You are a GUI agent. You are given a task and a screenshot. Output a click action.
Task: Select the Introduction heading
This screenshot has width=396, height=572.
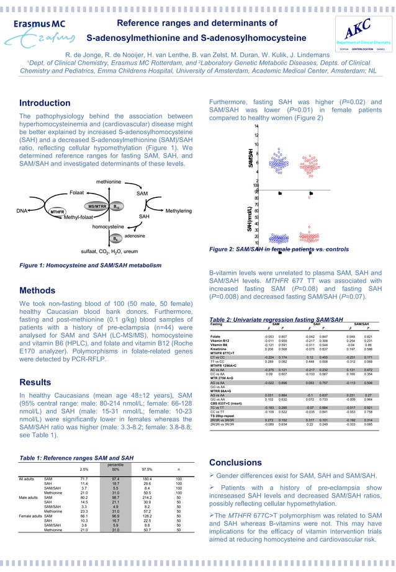pyautogui.click(x=45, y=102)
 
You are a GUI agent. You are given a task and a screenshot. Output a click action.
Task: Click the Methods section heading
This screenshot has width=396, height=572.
pyautogui.click(x=39, y=290)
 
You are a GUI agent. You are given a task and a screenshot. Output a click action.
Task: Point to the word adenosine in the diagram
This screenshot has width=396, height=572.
pyautogui.click(x=135, y=236)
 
